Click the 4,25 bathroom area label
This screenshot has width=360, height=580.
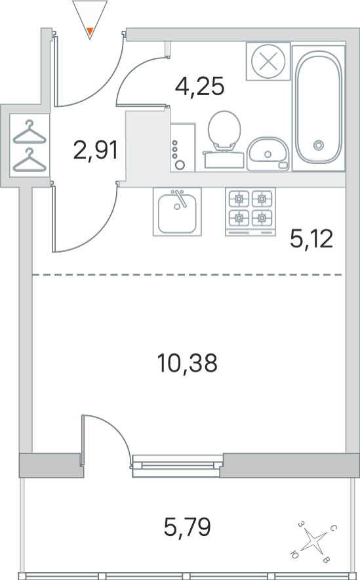[199, 87]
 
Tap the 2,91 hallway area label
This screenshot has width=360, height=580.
[96, 150]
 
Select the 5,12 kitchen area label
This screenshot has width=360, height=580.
[311, 239]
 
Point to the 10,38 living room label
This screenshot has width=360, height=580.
[188, 363]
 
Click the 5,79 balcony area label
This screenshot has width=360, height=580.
[188, 527]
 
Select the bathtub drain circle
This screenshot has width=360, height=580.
[319, 146]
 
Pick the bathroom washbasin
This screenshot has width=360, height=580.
[268, 154]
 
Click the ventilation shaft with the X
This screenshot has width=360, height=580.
[268, 61]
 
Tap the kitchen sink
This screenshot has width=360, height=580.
[177, 212]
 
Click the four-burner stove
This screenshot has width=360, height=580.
[250, 212]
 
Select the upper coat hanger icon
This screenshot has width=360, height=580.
[30, 133]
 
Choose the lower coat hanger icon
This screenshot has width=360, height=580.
[30, 160]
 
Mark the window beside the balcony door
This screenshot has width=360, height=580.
[178, 465]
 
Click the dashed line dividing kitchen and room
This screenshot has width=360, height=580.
[187, 275]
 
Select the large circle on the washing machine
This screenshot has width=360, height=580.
[180, 165]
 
